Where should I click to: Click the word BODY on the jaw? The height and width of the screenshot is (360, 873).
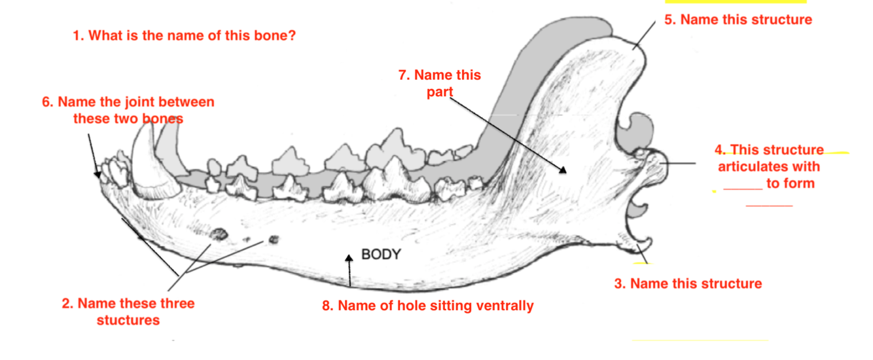click(381, 255)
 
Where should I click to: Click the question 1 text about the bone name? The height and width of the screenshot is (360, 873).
click(184, 35)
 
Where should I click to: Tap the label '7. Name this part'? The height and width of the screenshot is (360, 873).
click(439, 83)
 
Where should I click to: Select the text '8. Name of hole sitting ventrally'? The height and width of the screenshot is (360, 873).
click(427, 306)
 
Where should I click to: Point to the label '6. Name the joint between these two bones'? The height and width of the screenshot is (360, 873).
click(128, 110)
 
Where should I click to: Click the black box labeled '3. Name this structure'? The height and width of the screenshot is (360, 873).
click(694, 285)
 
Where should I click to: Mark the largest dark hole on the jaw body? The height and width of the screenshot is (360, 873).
click(219, 233)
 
